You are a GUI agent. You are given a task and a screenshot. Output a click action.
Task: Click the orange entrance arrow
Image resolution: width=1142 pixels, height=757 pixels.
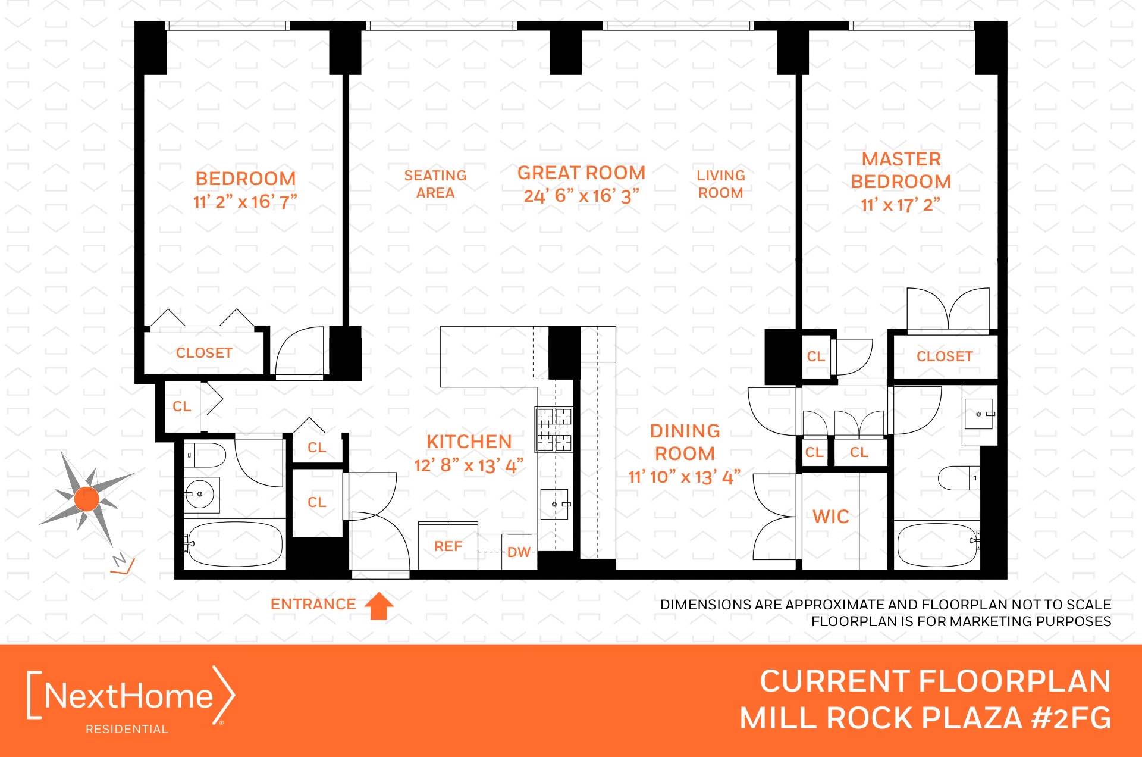(x=379, y=606)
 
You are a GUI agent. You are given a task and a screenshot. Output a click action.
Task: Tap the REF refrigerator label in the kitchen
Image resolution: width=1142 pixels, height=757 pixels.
(x=448, y=546)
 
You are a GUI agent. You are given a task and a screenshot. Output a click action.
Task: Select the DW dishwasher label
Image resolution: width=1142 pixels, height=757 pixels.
(x=519, y=552)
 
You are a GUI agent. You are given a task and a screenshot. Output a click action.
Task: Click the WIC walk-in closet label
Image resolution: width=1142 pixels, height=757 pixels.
(x=831, y=517)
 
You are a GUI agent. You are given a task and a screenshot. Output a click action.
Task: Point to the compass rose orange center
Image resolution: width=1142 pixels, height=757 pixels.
(x=87, y=499)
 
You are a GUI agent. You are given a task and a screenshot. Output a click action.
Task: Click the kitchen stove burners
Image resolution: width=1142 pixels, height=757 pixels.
(x=554, y=429)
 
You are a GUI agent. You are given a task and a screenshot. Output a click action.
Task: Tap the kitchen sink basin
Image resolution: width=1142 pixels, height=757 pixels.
(x=554, y=505)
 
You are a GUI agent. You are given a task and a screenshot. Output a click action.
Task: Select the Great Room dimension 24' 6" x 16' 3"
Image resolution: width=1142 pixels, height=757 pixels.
(x=581, y=196)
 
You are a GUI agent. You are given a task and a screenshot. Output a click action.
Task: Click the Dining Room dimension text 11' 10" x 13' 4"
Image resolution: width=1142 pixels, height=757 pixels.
(x=684, y=477)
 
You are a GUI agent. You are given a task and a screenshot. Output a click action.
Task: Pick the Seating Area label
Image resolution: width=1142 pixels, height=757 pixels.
(x=435, y=184)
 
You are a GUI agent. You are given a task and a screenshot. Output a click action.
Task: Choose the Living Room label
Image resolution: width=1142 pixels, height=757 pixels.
(x=721, y=184)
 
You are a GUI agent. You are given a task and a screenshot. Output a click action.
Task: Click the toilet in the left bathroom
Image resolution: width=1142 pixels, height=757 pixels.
(x=205, y=455)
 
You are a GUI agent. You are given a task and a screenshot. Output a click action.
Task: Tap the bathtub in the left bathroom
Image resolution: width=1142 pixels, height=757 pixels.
(x=234, y=544)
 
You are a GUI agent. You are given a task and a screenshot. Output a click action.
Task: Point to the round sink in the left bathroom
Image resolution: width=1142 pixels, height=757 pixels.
(x=200, y=494)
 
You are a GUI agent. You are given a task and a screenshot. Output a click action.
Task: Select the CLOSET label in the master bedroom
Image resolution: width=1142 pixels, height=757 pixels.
(x=945, y=356)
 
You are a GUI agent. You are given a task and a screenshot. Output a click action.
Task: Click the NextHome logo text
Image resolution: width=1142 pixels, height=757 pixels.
(x=128, y=696)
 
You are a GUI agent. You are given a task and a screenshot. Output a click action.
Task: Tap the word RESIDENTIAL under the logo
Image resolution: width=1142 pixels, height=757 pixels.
(x=127, y=729)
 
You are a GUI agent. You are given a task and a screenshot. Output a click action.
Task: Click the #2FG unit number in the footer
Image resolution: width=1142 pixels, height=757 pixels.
(x=1071, y=718)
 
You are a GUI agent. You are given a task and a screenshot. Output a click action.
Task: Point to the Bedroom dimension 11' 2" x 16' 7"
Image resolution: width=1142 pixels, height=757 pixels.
(x=245, y=202)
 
